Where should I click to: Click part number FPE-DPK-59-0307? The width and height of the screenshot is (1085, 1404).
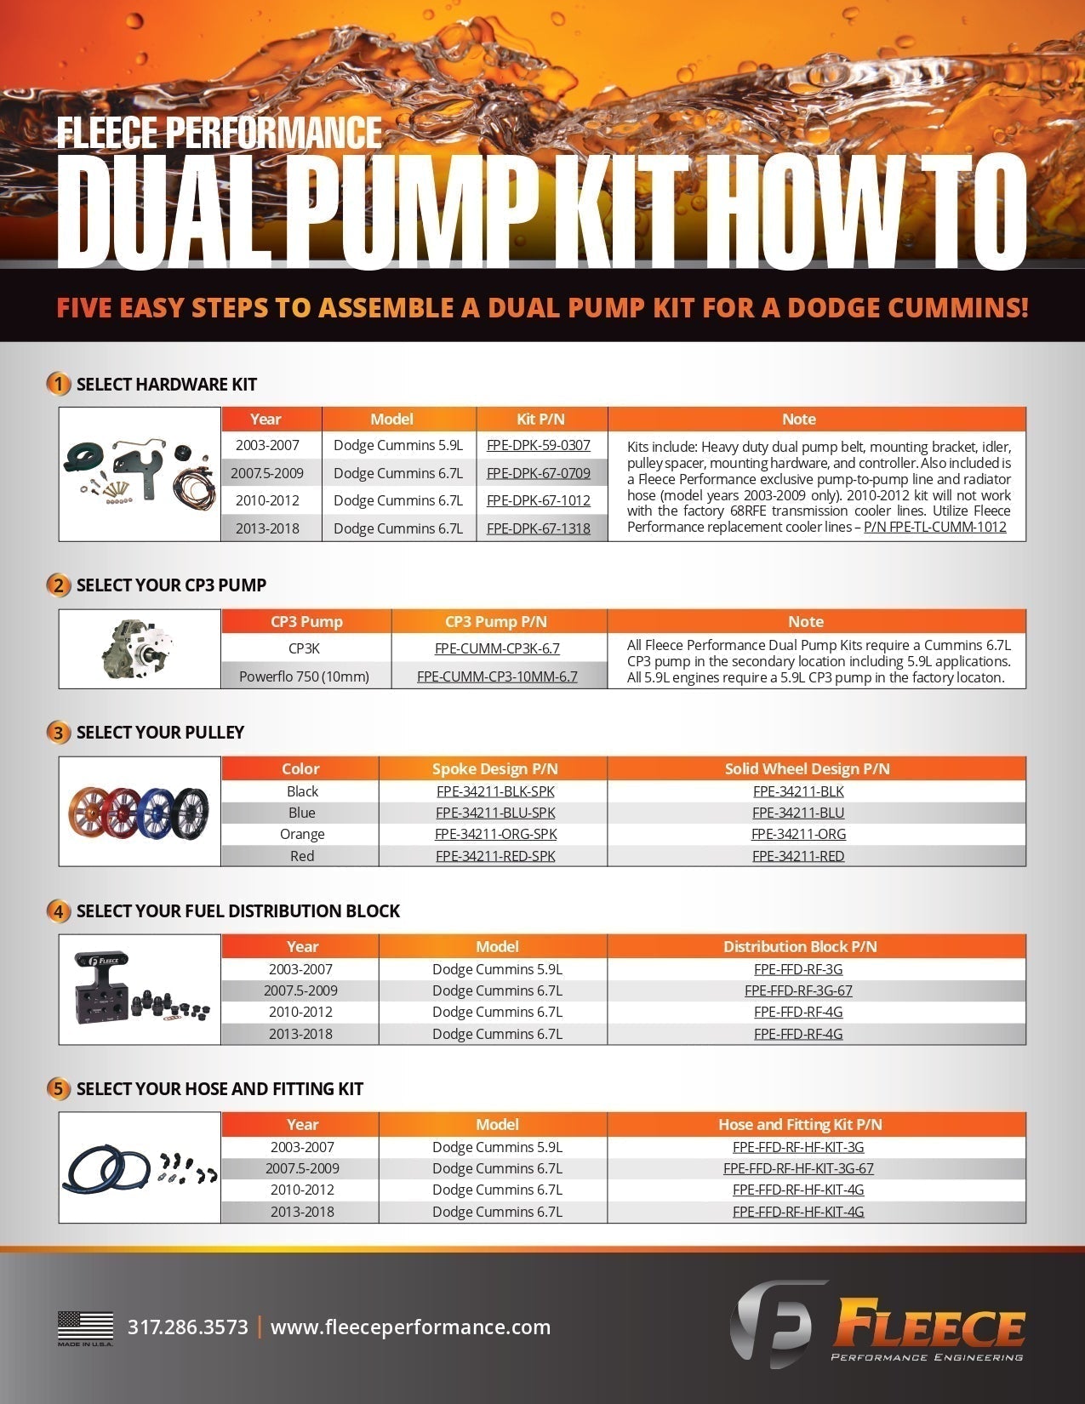coord(538,445)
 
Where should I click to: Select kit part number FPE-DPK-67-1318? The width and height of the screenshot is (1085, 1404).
coord(538,528)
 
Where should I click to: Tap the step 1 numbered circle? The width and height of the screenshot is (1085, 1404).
coord(58,384)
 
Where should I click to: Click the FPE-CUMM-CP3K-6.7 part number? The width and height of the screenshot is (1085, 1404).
coord(497,648)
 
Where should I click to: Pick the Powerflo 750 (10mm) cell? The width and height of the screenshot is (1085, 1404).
coord(304,676)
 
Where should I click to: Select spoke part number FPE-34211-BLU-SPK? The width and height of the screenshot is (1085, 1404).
coord(495,813)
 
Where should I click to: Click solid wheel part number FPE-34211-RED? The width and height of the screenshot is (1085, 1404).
coord(798,856)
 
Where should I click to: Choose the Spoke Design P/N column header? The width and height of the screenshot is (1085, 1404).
coord(494,768)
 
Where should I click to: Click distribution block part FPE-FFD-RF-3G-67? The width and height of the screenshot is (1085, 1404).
coord(798,990)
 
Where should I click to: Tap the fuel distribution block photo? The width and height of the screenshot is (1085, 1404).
coord(136,990)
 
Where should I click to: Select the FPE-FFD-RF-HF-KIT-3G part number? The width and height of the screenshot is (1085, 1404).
coord(798,1147)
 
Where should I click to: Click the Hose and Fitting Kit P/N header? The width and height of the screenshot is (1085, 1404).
coord(800,1124)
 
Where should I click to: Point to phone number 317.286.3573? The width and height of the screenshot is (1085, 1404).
coord(188,1327)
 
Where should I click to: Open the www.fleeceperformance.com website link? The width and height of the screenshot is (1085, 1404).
coord(410,1327)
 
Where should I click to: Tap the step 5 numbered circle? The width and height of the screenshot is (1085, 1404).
coord(58,1088)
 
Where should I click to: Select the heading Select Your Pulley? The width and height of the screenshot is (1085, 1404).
coord(160,732)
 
